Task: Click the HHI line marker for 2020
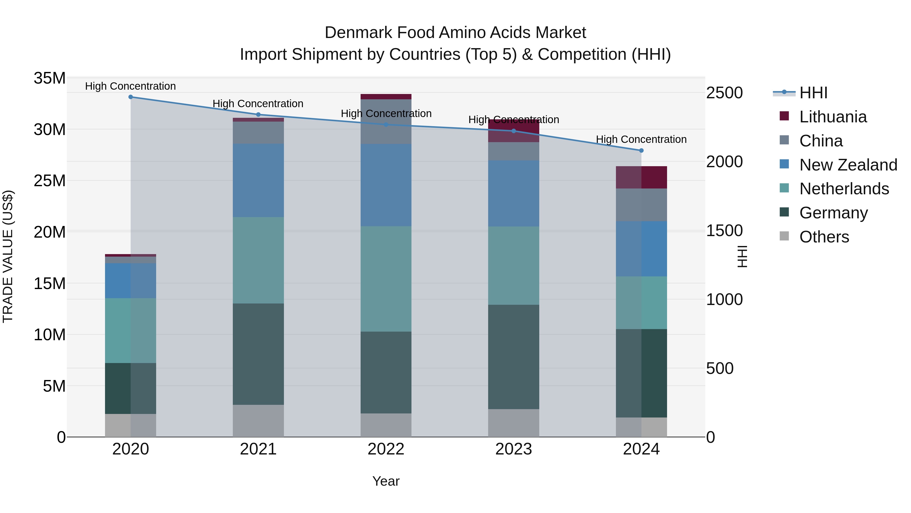(131, 97)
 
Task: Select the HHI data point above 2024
(641, 150)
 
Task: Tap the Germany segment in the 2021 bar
(258, 354)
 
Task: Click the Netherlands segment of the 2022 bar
(386, 279)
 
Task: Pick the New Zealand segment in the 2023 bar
(513, 193)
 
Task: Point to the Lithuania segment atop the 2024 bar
(641, 177)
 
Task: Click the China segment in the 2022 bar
(386, 121)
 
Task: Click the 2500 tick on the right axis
(724, 93)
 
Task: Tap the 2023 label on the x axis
(513, 449)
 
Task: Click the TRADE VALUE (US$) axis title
(8, 256)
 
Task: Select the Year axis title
(386, 481)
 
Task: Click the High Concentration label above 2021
(258, 104)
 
